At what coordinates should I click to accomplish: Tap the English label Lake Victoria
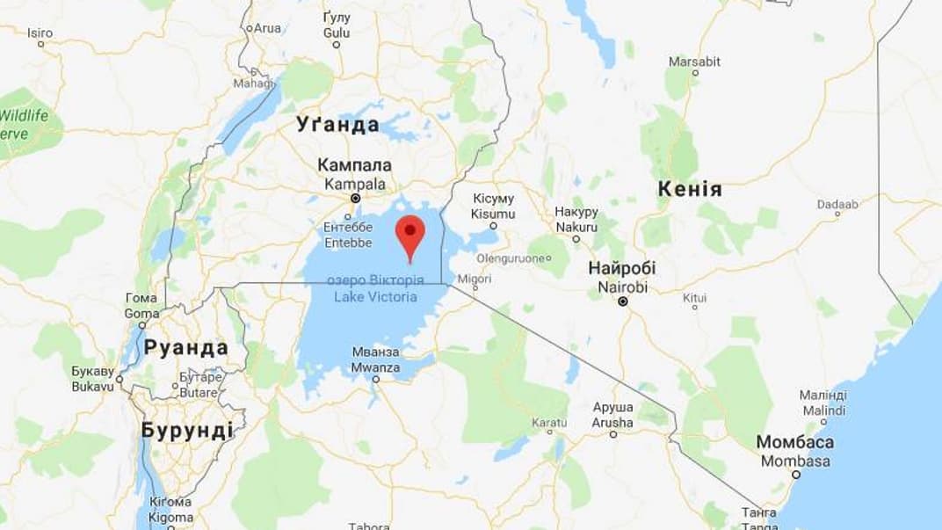point(375,296)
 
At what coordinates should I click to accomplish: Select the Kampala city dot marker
point(355,199)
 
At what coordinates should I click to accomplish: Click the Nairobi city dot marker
point(623,301)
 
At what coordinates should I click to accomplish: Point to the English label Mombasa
point(795,461)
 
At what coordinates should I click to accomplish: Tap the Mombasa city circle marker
point(796,475)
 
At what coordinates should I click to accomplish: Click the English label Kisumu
point(493,214)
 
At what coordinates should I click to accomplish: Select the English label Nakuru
point(576,226)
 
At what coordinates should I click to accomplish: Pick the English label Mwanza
point(375,367)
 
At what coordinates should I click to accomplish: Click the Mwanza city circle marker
point(376,380)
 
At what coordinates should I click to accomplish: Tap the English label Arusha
point(612,423)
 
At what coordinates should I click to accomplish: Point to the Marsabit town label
point(694,62)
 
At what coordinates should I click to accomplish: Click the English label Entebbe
point(348,243)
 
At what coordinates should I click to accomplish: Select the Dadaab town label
point(837,205)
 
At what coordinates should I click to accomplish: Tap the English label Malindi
point(823,410)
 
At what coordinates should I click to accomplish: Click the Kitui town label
point(694,298)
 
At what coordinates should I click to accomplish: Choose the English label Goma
point(141,313)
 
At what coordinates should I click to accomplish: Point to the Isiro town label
point(40,33)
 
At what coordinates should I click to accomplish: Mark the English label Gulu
point(337,33)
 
